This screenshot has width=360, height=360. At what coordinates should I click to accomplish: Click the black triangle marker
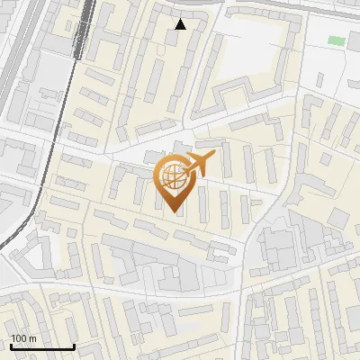[x=180, y=24]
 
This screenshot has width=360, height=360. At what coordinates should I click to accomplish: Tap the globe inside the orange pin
[x=173, y=178]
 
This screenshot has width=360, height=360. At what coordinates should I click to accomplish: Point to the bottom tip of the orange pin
[x=174, y=211]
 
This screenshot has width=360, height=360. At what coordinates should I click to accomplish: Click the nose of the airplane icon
[x=213, y=156]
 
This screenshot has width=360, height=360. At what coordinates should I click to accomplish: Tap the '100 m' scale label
[x=23, y=337]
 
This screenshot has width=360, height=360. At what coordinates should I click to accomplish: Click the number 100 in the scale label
[x=19, y=337]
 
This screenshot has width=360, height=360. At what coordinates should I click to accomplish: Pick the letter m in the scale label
[x=32, y=337]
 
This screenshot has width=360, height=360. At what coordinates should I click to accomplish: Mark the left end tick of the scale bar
[x=10, y=346]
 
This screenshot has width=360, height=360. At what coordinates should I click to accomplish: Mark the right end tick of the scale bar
[x=74, y=346]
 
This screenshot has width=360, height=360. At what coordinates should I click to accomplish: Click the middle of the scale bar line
[x=41, y=347]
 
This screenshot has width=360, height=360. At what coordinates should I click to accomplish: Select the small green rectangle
[x=336, y=40]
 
